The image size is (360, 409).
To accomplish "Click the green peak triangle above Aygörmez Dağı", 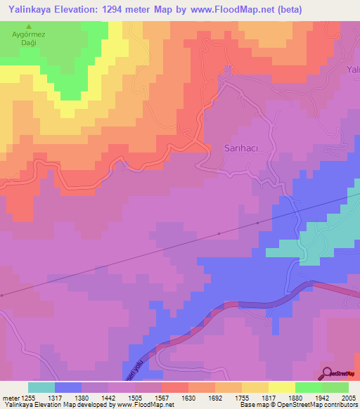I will tap(28, 26).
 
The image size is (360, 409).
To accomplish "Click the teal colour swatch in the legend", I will tap(41, 387).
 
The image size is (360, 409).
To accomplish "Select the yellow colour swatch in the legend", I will tap(282, 387).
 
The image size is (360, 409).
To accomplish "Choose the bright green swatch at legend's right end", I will tap(335, 387).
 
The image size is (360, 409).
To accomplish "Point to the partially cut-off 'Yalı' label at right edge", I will tap(353, 70).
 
